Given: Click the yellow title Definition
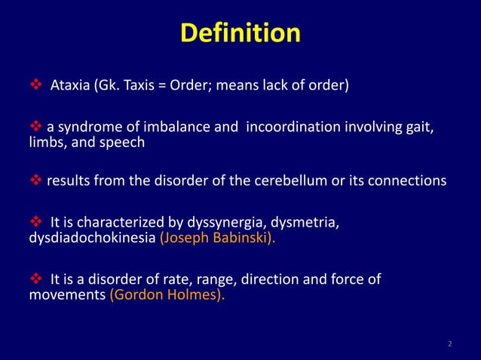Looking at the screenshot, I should tap(240, 34).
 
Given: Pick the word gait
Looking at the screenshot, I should tap(420, 126).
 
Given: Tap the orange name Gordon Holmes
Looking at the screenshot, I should tap(167, 295).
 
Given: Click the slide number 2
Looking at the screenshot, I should tap(450, 345).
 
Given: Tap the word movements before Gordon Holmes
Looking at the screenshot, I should tap(66, 295).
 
